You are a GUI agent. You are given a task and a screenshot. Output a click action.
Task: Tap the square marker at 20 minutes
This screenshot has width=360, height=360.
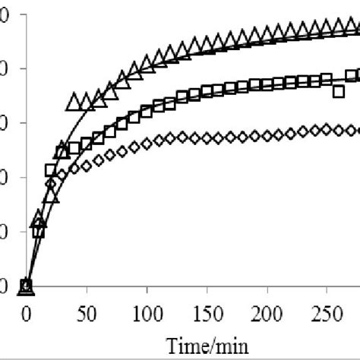click(51, 170)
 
